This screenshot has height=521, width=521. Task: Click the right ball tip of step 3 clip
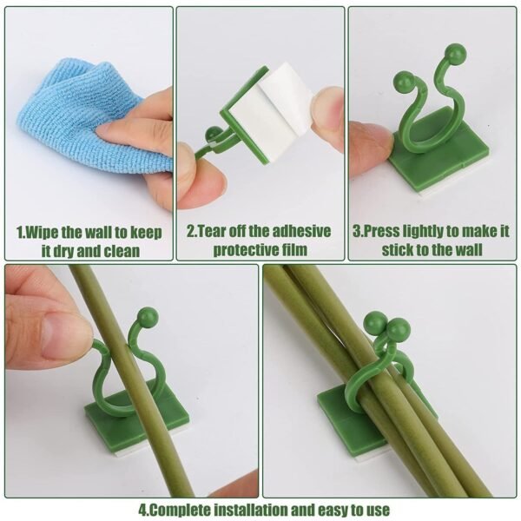tap(456, 54)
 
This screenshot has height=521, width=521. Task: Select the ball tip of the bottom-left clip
tap(148, 317)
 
